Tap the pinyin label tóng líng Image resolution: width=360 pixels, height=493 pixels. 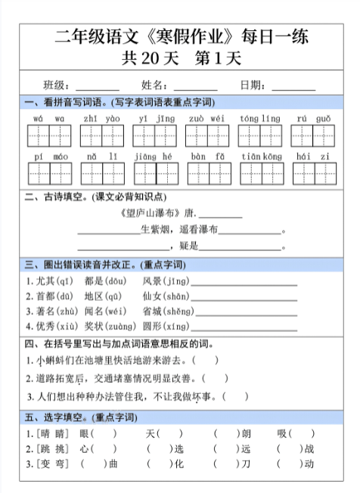[x=259, y=119]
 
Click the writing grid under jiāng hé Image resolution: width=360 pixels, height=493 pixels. [x=154, y=173]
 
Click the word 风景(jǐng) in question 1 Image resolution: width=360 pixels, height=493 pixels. [x=166, y=281]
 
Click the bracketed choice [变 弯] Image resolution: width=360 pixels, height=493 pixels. [x=48, y=464]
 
